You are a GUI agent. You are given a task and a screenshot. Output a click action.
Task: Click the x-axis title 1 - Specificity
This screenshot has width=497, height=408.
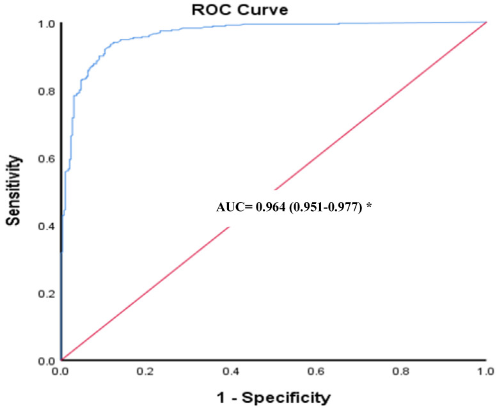click(x=273, y=398)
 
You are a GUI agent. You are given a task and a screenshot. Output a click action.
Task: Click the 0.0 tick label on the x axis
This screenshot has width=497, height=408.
click(x=61, y=371)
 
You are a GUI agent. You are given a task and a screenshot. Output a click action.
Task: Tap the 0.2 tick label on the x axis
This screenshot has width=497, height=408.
click(x=146, y=371)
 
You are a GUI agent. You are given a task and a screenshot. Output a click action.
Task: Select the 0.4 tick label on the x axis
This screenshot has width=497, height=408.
click(x=231, y=371)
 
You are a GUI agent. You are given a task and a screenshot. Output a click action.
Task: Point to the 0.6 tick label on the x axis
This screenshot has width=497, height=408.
click(x=316, y=371)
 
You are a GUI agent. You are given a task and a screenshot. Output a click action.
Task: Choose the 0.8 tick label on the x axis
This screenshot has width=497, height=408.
click(x=401, y=371)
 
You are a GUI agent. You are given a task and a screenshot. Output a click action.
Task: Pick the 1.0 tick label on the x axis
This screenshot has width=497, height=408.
click(x=485, y=371)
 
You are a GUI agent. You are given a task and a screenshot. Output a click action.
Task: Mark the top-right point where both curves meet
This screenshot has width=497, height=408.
click(x=486, y=22)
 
